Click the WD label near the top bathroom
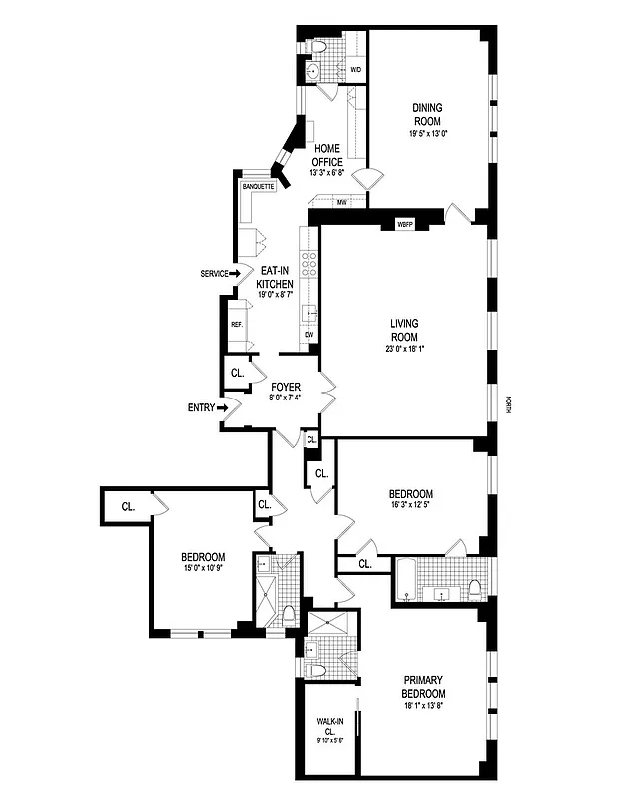355,70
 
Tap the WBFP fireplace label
405,223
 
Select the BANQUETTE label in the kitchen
258,186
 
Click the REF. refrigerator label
237,325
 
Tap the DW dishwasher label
308,334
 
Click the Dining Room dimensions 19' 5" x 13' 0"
427,133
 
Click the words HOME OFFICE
327,155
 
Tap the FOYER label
286,386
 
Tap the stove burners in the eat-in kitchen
309,262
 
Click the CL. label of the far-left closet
128,506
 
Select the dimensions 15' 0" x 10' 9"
203,569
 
